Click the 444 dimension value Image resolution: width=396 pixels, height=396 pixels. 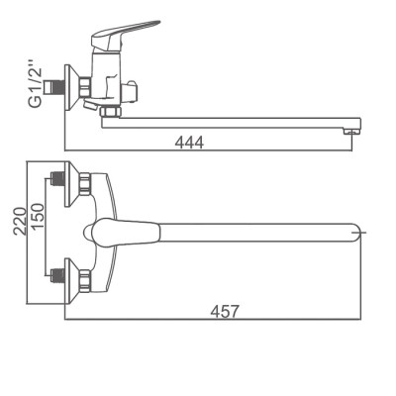[189, 143]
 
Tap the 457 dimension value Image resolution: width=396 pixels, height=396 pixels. [225, 312]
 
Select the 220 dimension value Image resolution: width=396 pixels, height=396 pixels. [21, 221]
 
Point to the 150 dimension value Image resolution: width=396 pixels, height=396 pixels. [37, 217]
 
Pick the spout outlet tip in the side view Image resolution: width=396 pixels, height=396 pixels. [351, 132]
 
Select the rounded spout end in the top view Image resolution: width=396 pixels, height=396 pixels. [355, 233]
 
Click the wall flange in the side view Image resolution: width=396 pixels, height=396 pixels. [72, 87]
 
